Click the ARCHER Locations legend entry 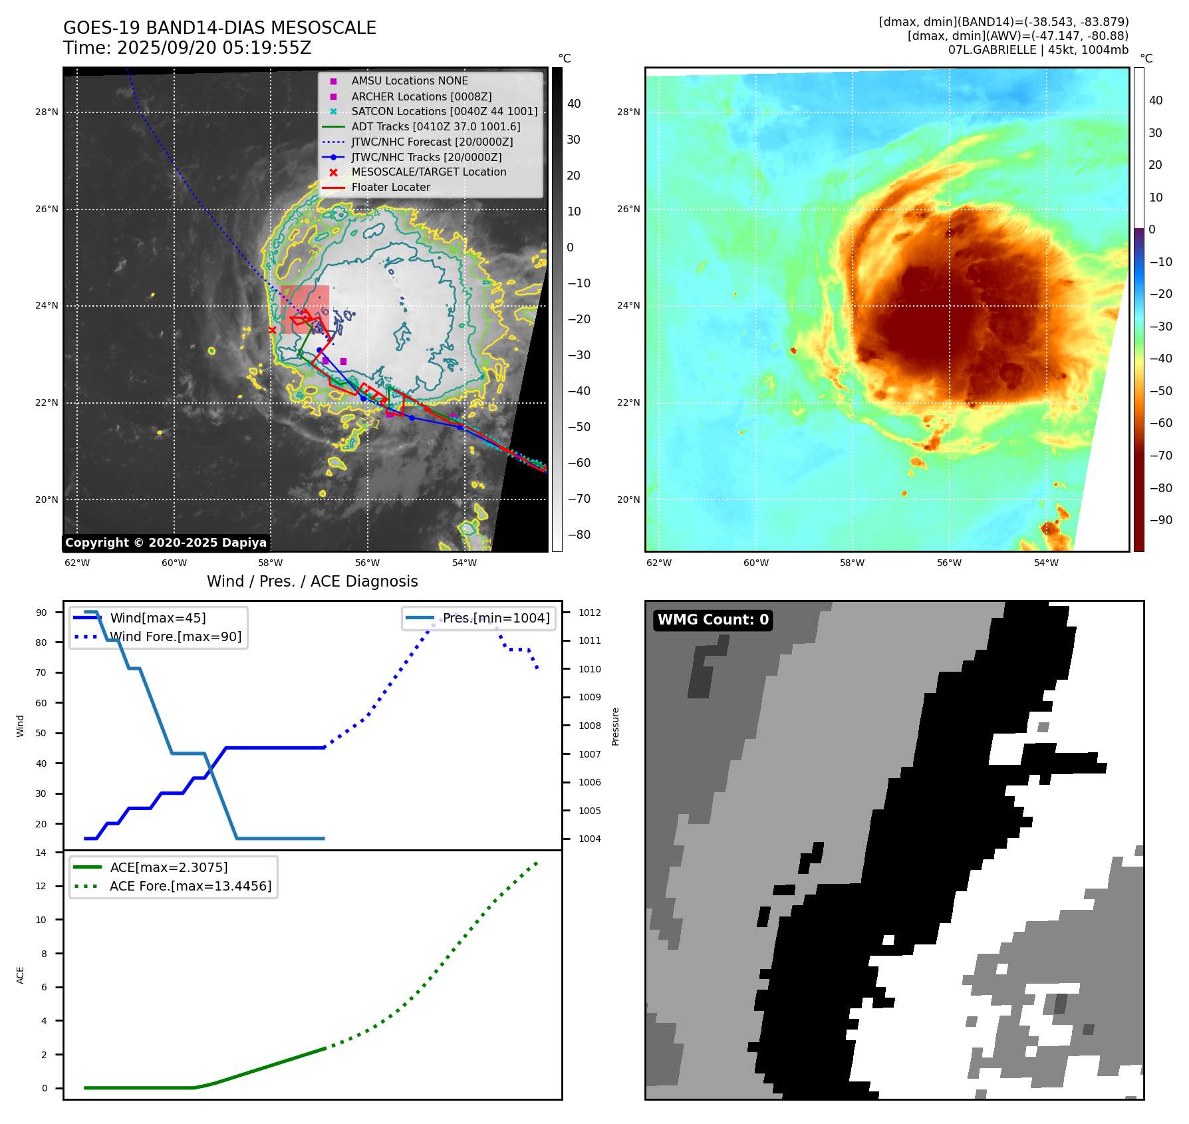pos(421,96)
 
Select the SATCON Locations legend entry pos(444,112)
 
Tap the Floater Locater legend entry pos(390,188)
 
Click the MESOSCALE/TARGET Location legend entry pos(428,172)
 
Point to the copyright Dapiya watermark pos(166,543)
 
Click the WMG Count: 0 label pos(713,620)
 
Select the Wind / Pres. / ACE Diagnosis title pos(312,581)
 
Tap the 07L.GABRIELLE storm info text pos(1037,50)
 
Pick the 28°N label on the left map pos(47,112)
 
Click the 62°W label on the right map pos(659,563)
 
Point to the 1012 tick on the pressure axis pos(589,613)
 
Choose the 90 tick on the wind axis pos(41,613)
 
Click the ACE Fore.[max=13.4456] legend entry pos(190,887)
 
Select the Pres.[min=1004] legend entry pos(496,619)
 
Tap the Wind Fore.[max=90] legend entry pos(176,637)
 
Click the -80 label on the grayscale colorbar pos(579,535)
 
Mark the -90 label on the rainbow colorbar pos(1160,520)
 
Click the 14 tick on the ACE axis pos(41,853)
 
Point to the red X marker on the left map pos(272,330)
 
